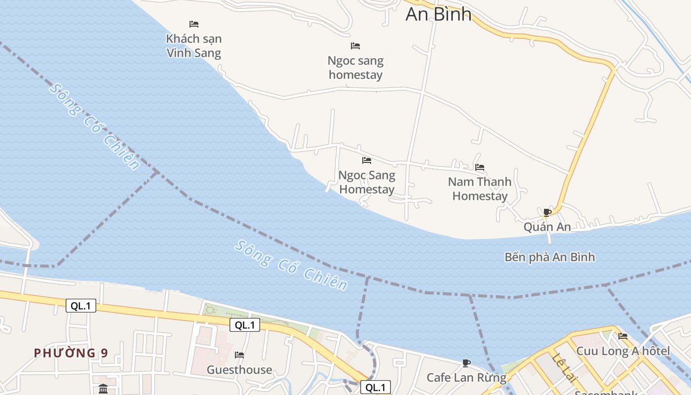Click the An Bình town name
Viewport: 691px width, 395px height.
tap(438, 14)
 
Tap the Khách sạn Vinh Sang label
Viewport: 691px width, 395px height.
tap(194, 45)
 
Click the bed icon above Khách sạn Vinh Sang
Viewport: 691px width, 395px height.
tap(194, 24)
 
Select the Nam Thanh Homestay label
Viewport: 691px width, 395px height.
tap(480, 189)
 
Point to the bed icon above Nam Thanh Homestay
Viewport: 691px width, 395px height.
tap(480, 167)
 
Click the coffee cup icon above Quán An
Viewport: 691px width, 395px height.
tap(547, 212)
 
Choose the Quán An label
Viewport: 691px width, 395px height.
tap(547, 227)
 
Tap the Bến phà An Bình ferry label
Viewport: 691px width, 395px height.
tap(549, 257)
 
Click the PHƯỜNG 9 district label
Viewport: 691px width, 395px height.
tap(71, 353)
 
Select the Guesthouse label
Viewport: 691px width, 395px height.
tap(239, 370)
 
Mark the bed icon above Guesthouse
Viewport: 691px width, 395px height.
tap(239, 355)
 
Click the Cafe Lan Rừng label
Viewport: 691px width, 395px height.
tap(466, 378)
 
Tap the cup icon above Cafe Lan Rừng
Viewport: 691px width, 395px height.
tap(466, 363)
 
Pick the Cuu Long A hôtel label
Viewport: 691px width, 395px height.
tap(623, 351)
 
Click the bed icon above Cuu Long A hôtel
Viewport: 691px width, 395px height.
tap(623, 336)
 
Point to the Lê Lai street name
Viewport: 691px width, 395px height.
tap(564, 368)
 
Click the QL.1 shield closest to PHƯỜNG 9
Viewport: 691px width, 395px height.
tap(81, 306)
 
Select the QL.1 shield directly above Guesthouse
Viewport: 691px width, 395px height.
tap(245, 325)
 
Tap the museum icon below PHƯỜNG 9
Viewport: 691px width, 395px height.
tap(103, 389)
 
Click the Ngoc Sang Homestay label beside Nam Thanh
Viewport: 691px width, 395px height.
tap(367, 182)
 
